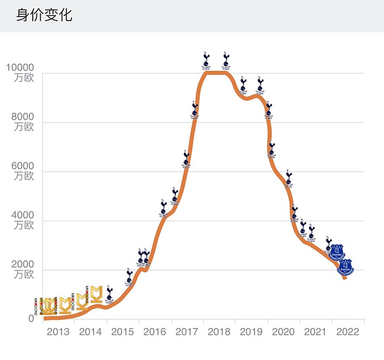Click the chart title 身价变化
click(x=45, y=15)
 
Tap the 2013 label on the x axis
click(x=58, y=332)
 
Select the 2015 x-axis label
click(x=123, y=332)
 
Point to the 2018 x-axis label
click(x=219, y=332)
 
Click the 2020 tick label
click(x=283, y=332)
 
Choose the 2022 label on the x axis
click(x=347, y=332)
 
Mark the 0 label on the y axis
click(x=31, y=319)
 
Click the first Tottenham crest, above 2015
click(x=110, y=294)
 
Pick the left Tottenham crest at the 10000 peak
click(x=207, y=60)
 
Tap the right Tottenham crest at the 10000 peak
click(x=226, y=60)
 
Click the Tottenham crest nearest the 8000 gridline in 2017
click(x=195, y=111)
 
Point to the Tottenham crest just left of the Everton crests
click(x=329, y=244)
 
